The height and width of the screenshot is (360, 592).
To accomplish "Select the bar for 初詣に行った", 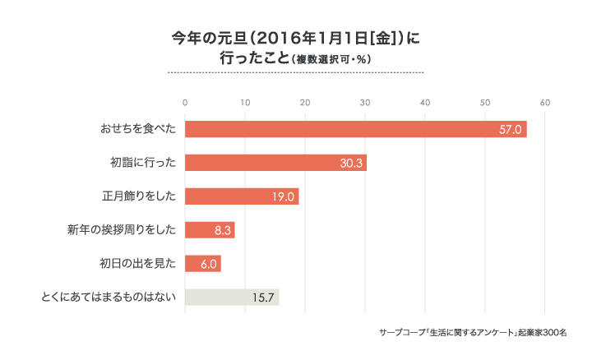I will pos(275,163).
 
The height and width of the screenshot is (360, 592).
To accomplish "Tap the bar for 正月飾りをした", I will pos(242,196).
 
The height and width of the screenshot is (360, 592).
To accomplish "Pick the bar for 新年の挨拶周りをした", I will pos(210,230).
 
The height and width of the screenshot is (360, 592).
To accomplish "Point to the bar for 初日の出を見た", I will pos(203,264).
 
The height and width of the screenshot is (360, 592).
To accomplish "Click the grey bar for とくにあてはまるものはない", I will pos(232,298).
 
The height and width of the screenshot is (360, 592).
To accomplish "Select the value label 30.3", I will pos(351,164).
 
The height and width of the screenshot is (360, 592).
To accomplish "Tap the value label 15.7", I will pos(263,298).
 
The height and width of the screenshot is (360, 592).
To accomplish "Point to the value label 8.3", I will pos(221,231).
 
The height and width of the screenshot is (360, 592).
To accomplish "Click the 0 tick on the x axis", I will pos(185,103).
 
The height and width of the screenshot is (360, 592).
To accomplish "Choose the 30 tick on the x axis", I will pos(365,103).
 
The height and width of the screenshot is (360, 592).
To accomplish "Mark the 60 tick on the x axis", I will pos(545,103).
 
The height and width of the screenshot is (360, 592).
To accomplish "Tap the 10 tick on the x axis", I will pos(245,103).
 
